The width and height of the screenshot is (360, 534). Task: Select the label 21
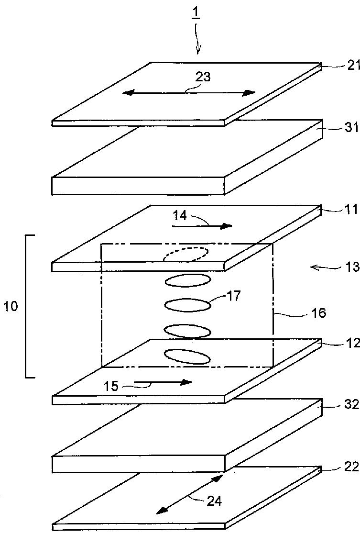tap(353, 66)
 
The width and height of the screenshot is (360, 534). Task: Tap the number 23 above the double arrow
tap(203, 77)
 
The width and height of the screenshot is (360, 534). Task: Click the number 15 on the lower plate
tap(111, 386)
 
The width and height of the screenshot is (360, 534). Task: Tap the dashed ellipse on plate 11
tap(186, 254)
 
